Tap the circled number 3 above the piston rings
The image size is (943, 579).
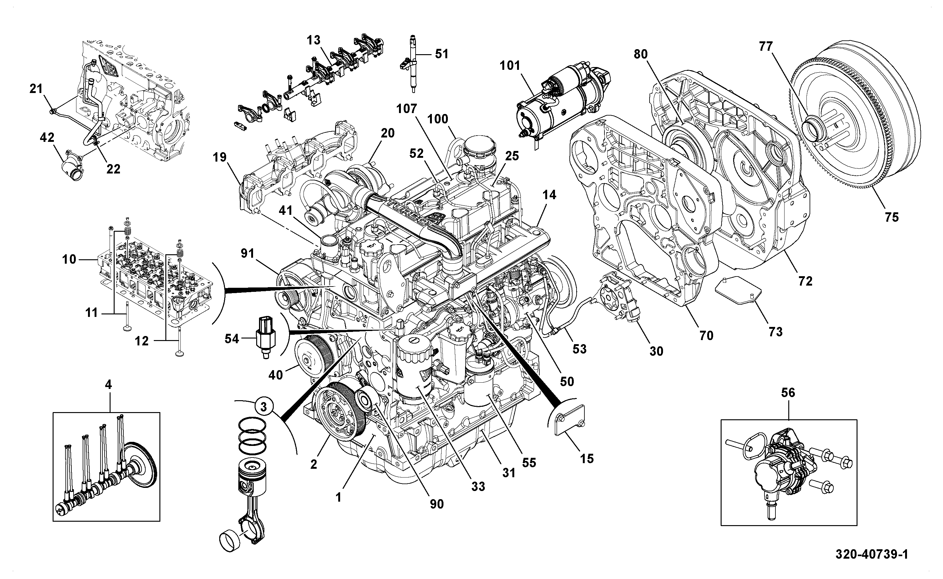263,407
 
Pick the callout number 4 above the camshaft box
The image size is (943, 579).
108,385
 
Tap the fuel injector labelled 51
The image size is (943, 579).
412,64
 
